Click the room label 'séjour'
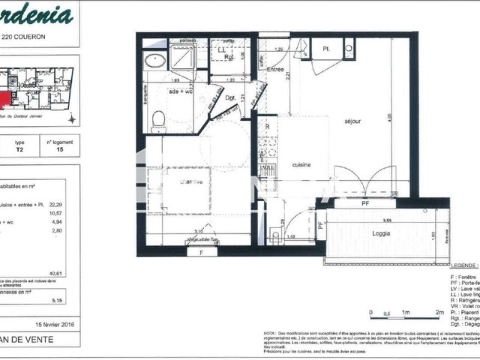352,121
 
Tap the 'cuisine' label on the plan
301,165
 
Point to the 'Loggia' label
374,232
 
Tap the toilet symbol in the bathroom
158,120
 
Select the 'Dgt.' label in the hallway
231,97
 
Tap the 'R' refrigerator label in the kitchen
268,127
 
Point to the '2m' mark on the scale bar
439,312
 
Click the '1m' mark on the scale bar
405,312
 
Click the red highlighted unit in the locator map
5,100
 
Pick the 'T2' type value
19,149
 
